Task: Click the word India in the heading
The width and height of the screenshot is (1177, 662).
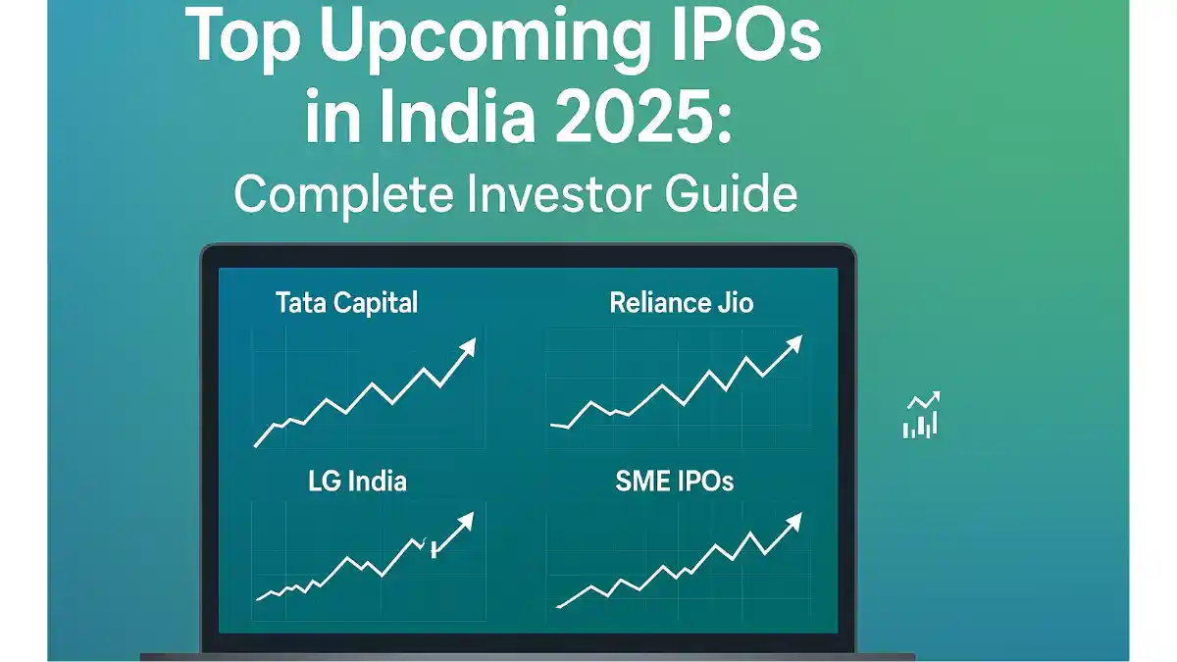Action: (457, 116)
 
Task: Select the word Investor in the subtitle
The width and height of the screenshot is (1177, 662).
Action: (557, 193)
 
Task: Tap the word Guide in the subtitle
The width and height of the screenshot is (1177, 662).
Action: (731, 193)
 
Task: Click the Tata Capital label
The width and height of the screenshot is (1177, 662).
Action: (346, 304)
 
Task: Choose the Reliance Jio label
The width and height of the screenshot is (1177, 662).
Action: (681, 303)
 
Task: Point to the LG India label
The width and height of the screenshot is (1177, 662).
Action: (357, 482)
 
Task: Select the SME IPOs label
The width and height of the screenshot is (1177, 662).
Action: (674, 482)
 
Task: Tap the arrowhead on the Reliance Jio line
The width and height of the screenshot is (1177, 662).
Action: (794, 344)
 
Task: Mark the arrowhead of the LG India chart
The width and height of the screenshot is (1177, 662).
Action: (466, 521)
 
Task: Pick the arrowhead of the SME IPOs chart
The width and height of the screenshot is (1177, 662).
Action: (793, 522)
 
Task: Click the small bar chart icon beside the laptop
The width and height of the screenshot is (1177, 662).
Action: (921, 415)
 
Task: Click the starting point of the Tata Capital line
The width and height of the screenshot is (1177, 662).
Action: (255, 446)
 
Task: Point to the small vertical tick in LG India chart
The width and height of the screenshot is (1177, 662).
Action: (434, 548)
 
